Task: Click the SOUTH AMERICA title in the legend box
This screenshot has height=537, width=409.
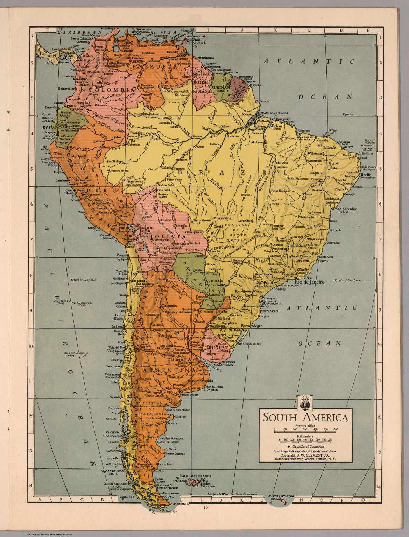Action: pyautogui.click(x=305, y=417)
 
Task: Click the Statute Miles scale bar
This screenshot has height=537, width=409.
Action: pyautogui.click(x=305, y=429)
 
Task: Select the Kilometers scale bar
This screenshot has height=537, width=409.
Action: pyautogui.click(x=305, y=440)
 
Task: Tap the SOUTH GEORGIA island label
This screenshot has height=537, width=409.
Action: pyautogui.click(x=281, y=496)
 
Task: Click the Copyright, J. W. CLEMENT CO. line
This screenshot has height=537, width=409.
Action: pyautogui.click(x=305, y=455)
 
